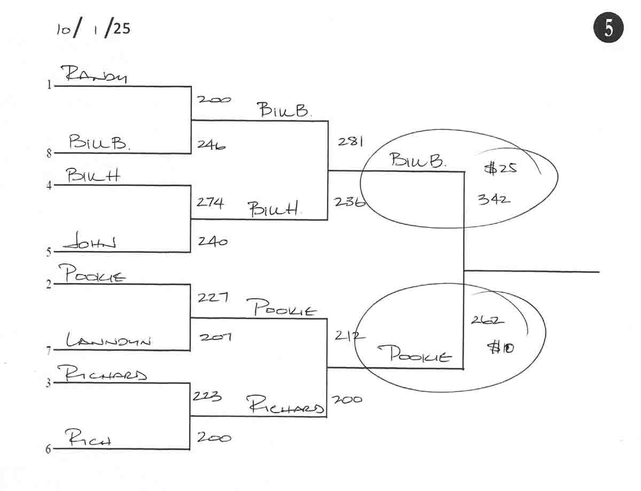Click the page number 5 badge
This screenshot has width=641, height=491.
608,28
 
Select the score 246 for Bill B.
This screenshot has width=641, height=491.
211,144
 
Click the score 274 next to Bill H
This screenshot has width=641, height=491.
210,202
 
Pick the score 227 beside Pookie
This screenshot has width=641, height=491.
213,297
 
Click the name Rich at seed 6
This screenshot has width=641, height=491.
89,440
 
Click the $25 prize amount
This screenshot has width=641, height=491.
501,168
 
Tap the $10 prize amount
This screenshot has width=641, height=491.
501,348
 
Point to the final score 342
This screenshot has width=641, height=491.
494,200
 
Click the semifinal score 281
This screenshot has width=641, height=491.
350,142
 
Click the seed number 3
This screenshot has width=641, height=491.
49,383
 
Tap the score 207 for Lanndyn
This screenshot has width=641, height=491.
215,337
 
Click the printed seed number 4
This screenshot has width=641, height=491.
49,186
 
